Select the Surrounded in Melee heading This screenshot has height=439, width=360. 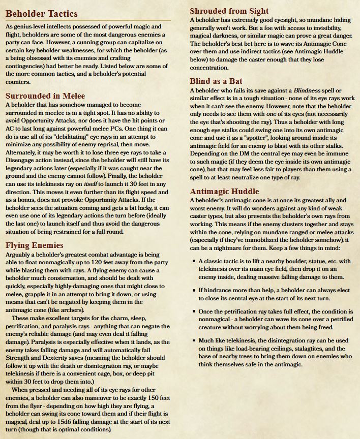[x=45, y=95]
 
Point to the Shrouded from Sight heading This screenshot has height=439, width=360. [x=229, y=11]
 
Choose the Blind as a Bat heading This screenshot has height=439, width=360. [x=216, y=81]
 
